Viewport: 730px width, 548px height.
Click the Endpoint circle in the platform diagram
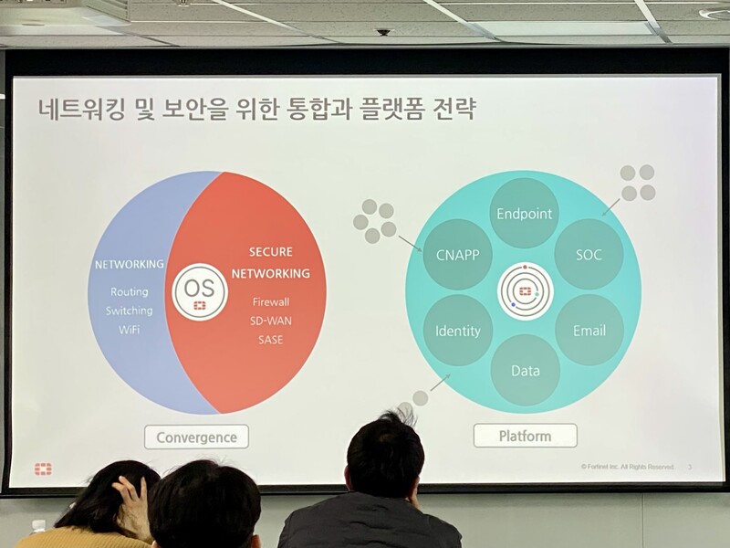point(524,214)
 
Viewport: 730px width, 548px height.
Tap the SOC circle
point(589,254)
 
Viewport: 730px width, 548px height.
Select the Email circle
point(589,330)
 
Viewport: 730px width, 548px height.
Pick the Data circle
point(525,370)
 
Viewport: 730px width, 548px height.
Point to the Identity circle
point(458,330)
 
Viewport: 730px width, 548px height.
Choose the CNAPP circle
point(458,254)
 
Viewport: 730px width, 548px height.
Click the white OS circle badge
point(199,291)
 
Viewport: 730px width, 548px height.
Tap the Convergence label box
point(196,436)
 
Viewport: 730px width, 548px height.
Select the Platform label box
point(525,435)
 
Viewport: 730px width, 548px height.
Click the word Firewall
point(270,302)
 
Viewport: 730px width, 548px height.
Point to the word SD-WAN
point(270,321)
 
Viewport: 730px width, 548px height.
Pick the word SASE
point(270,340)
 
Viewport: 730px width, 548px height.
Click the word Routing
point(129,292)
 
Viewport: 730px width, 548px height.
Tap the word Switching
point(129,311)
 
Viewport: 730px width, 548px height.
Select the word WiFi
point(129,329)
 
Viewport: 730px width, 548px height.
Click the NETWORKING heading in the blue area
point(130,265)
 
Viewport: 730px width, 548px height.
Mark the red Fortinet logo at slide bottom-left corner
point(43,469)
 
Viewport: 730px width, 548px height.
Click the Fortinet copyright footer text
point(627,467)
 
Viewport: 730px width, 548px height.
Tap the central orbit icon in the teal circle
point(525,291)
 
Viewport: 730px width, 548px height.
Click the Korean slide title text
point(256,111)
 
